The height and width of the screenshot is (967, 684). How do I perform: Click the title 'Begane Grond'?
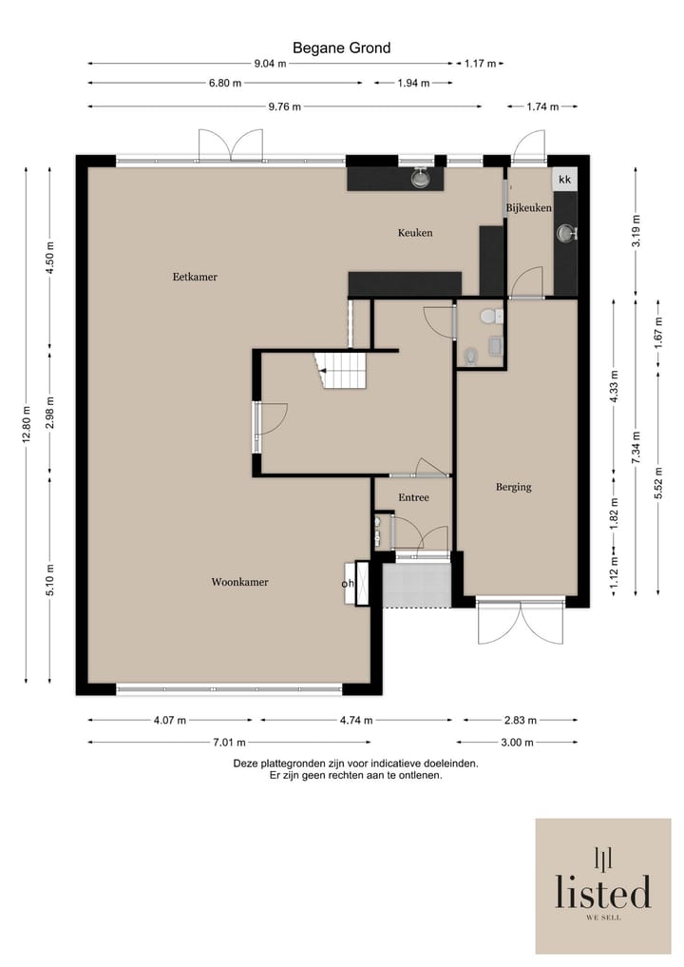click(341, 48)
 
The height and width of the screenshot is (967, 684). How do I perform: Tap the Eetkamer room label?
click(195, 277)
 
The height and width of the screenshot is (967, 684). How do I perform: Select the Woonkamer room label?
click(239, 582)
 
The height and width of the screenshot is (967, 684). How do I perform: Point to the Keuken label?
click(415, 233)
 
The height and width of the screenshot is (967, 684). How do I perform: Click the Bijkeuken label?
click(529, 208)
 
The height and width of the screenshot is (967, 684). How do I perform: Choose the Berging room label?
click(513, 487)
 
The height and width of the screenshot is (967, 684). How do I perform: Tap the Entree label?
click(413, 497)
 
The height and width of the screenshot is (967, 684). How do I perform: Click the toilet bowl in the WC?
click(489, 317)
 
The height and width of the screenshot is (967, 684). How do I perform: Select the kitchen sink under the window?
click(420, 178)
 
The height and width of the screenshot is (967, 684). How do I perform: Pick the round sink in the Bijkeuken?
click(565, 233)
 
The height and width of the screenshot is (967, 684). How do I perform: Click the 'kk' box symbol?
click(565, 180)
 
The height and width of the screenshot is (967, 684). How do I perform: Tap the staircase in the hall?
click(341, 370)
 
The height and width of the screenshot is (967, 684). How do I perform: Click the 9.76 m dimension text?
click(285, 106)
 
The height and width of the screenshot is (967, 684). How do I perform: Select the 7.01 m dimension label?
click(229, 743)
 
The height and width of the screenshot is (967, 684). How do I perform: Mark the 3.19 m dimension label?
click(636, 230)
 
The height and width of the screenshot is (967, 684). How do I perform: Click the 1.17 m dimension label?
click(480, 64)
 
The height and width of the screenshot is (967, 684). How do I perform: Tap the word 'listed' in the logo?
click(603, 892)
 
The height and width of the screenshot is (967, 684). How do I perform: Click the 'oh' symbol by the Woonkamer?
click(348, 584)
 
